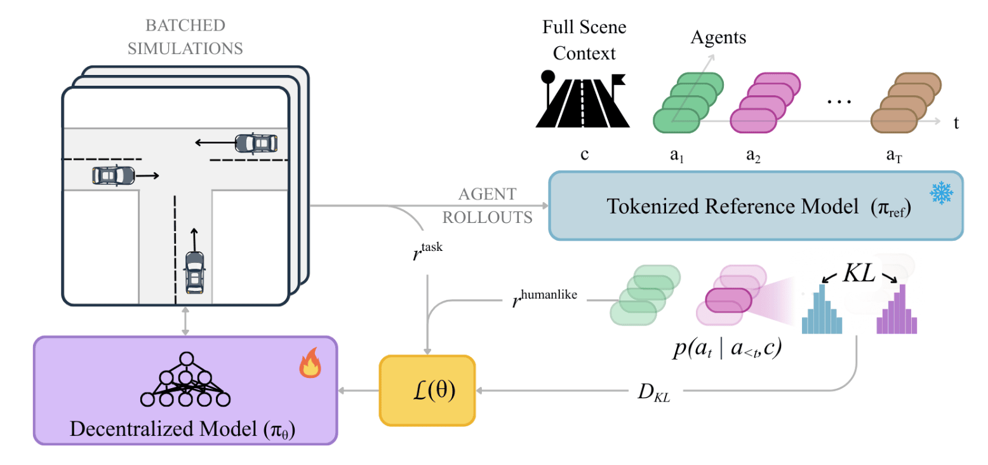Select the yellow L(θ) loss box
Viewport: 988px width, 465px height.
coord(427,390)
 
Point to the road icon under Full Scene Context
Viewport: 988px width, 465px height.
coord(582,100)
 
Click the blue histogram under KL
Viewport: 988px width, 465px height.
coord(822,310)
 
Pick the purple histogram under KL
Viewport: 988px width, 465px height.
coord(897,310)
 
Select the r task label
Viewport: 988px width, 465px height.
coord(427,251)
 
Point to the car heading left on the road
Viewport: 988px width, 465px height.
coord(256,143)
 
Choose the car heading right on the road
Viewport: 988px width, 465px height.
coord(113,175)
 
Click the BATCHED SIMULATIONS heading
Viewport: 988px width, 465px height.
coord(185,36)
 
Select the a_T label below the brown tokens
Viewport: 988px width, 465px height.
coord(893,156)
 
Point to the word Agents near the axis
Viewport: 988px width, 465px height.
coord(718,37)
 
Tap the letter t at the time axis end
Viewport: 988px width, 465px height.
coord(956,123)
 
